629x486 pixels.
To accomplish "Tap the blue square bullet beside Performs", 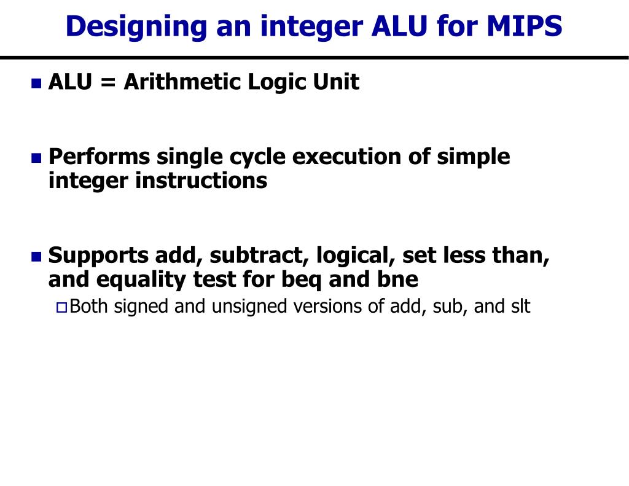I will (x=36, y=158).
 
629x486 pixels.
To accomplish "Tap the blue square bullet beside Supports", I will (x=36, y=256).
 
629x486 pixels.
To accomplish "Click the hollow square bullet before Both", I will (x=60, y=307).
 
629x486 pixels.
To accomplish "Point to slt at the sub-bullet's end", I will (x=520, y=306).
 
